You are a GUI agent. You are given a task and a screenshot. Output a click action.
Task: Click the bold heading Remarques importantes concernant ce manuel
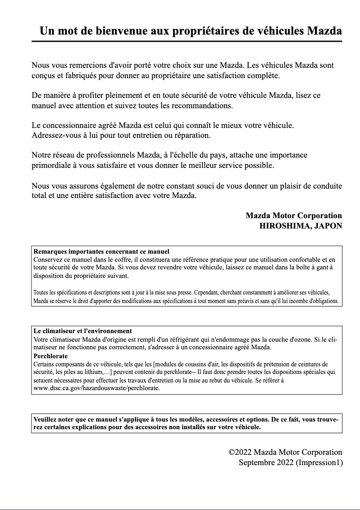[x=101, y=251]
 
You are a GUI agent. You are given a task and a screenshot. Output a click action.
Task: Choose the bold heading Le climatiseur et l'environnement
[x=83, y=331]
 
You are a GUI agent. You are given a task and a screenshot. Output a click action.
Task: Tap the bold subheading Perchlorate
[x=51, y=356]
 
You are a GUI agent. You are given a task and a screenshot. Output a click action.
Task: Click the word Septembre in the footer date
[x=256, y=462]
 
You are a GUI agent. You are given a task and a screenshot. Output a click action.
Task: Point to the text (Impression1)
[x=319, y=462]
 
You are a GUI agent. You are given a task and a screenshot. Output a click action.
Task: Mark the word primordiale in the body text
[x=52, y=165]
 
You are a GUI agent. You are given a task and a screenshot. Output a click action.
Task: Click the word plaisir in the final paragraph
[x=296, y=186]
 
